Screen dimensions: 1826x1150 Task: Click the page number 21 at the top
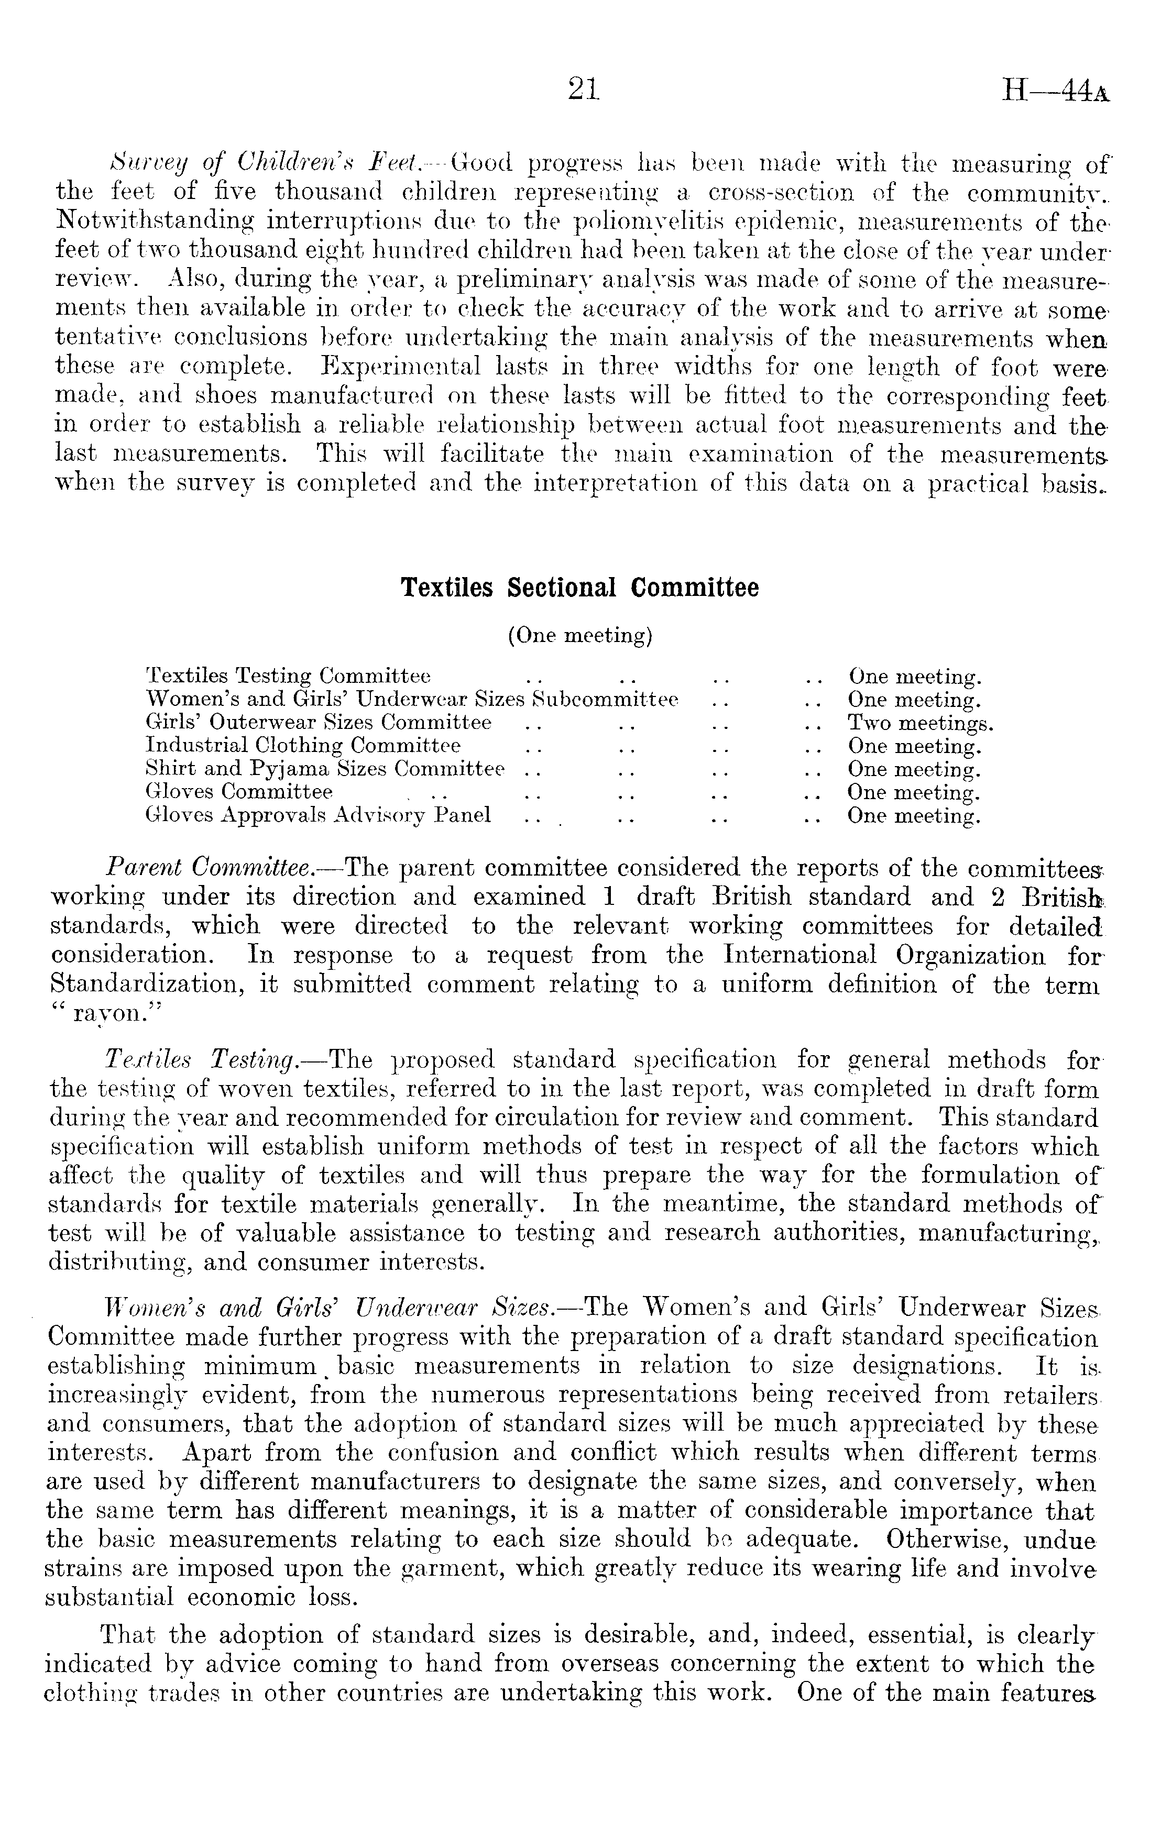tap(583, 91)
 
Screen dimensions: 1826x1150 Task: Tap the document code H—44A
tap(1055, 92)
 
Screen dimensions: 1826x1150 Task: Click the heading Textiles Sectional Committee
tap(579, 589)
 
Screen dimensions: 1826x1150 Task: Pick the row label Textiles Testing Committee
tap(288, 676)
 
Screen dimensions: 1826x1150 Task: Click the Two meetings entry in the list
tap(919, 723)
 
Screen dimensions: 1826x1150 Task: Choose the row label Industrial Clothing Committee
tap(303, 746)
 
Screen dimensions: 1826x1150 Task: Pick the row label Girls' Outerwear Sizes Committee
tap(318, 723)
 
